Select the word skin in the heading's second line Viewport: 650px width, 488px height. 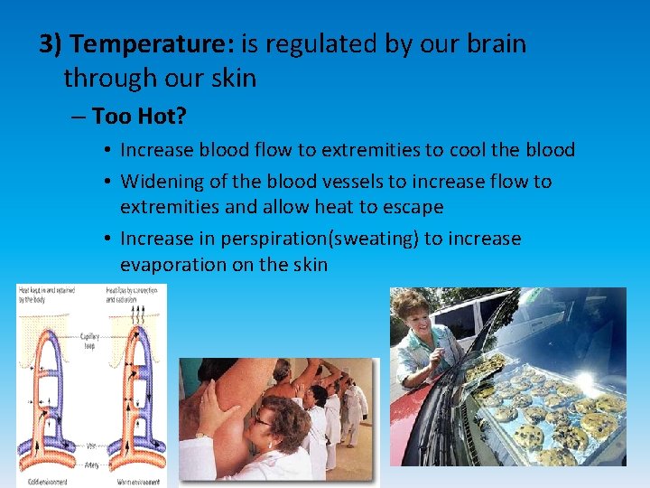click(236, 79)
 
